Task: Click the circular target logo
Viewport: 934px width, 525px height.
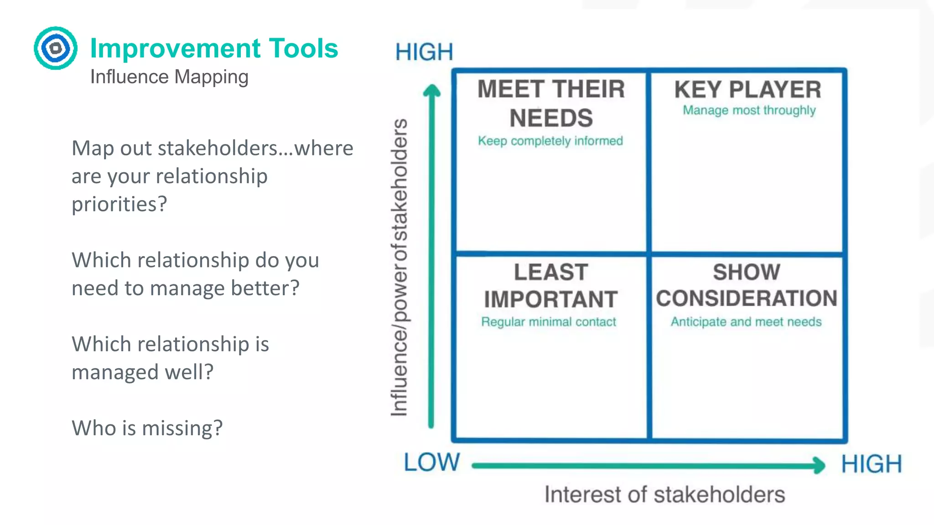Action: tap(56, 48)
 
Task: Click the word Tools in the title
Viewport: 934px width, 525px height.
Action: tap(303, 48)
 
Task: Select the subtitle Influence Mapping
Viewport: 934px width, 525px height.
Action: tap(169, 77)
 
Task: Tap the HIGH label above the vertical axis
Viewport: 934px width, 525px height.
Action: tap(424, 52)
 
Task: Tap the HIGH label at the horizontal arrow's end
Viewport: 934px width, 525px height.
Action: tap(872, 464)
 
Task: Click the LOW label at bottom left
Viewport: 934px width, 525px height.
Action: tap(431, 462)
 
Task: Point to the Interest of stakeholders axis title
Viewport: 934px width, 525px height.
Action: tap(664, 494)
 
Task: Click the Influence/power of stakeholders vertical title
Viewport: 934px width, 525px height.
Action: tap(400, 268)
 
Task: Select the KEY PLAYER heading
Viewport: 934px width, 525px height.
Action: tap(748, 89)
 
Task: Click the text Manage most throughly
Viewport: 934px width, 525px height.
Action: tap(749, 110)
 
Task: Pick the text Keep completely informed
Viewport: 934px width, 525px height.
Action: tap(550, 141)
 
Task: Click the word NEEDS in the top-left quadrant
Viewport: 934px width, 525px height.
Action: tap(551, 118)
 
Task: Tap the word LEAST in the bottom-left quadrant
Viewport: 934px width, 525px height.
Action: tap(551, 272)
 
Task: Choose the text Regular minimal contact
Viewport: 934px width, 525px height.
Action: tap(549, 322)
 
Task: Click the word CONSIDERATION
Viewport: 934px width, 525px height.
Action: tap(747, 299)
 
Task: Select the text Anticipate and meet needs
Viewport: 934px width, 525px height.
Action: tap(746, 322)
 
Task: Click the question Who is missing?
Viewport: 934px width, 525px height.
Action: tap(147, 428)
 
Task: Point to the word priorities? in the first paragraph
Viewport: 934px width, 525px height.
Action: tap(119, 204)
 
